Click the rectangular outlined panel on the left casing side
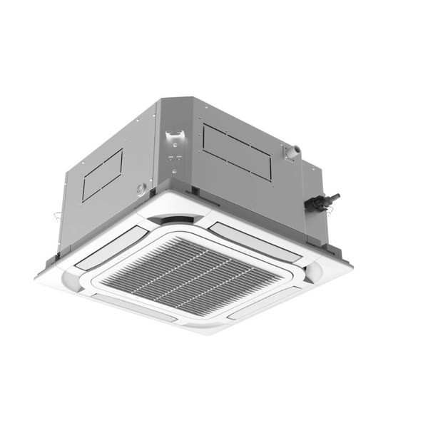(102, 175)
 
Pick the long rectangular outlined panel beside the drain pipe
(237, 151)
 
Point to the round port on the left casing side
(141, 190)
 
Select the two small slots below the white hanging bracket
(175, 158)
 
